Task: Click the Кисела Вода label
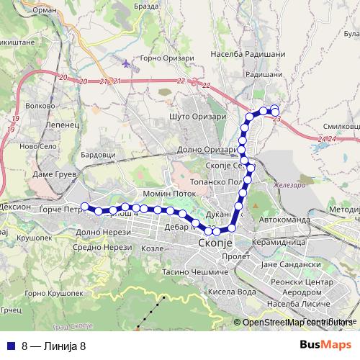pyautogui.click(x=231, y=292)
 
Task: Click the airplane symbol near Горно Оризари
pyautogui.click(x=127, y=63)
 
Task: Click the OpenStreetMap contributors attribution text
pyautogui.click(x=295, y=323)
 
